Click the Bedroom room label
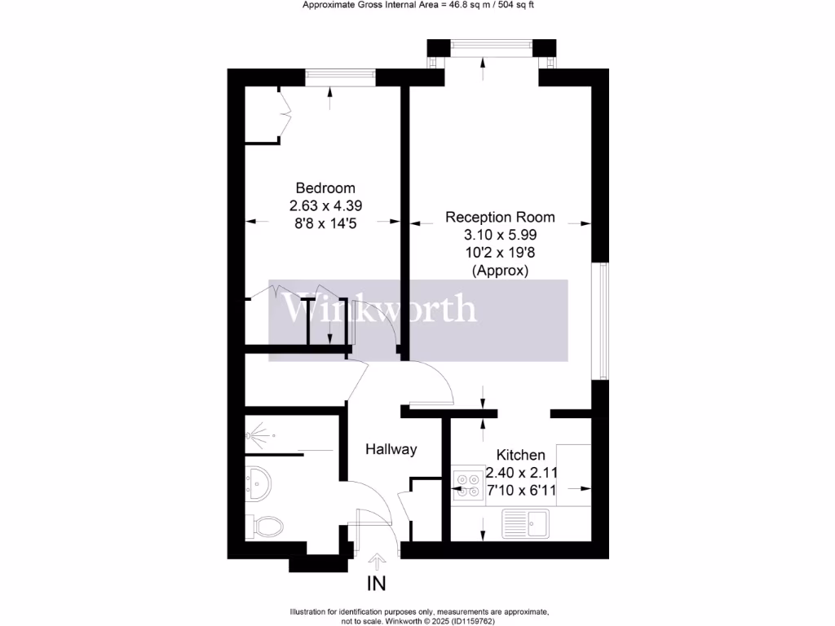[x=325, y=187]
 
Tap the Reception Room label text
[x=499, y=217]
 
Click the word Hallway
[x=391, y=449]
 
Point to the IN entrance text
[x=376, y=584]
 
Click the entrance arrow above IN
[x=377, y=562]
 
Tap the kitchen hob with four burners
[x=468, y=485]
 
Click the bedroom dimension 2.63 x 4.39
[x=325, y=205]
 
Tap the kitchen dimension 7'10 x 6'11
[x=522, y=491]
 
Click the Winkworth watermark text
[x=379, y=309]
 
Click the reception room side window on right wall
[x=604, y=320]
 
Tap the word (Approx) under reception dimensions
[x=499, y=270]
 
